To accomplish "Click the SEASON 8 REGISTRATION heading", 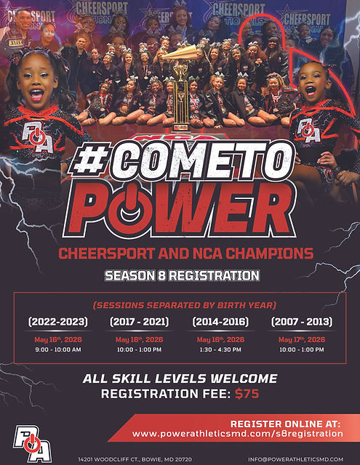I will pos(182,276).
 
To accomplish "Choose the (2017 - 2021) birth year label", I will pos(139,321).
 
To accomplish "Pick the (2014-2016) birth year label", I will pos(220,321).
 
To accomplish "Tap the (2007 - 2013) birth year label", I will pos(302,321).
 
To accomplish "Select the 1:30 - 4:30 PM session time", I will pos(220,349).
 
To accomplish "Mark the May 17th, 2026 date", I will pos(302,339).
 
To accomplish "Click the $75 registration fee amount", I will pos(247,395).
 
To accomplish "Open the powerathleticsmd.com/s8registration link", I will pos(237,434).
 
